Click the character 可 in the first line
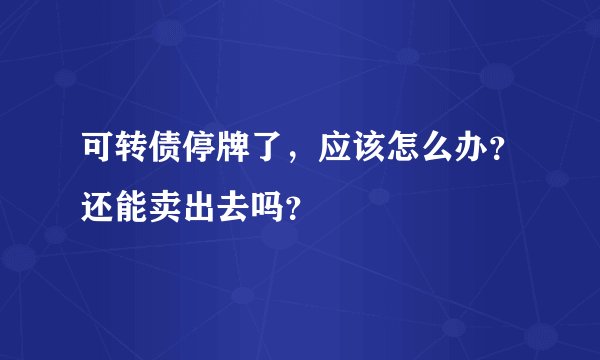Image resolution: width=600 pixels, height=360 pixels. (x=96, y=149)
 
